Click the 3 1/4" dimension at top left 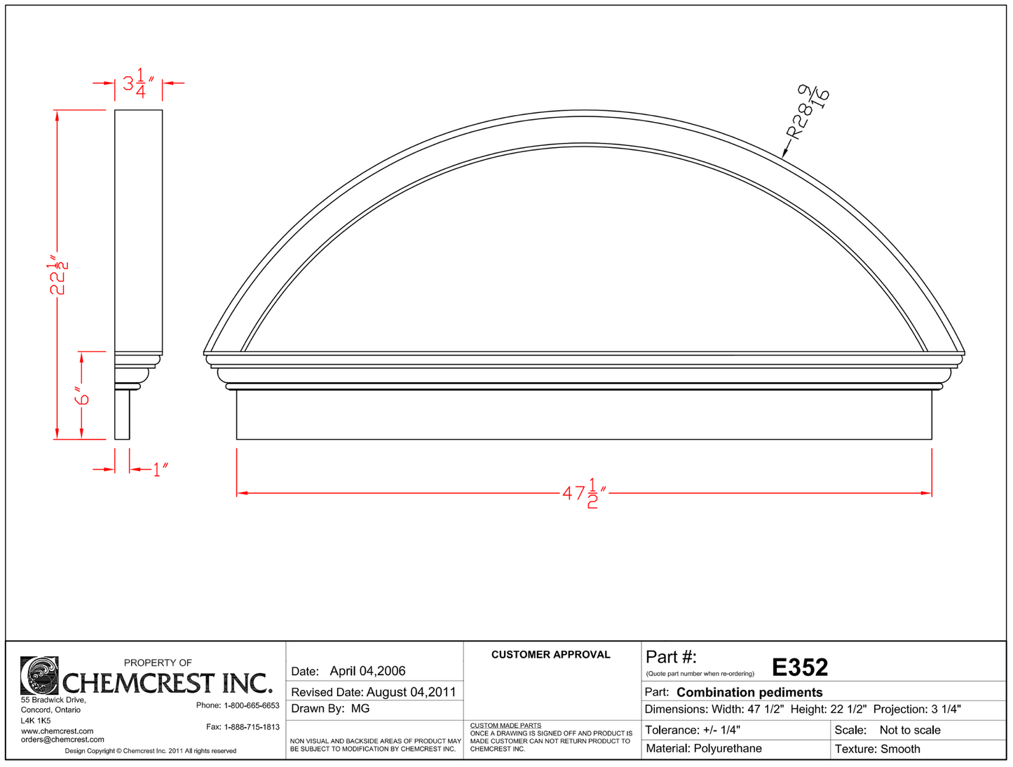(139, 83)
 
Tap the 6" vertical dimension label (83, 396)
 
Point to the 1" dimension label (161, 469)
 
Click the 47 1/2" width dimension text (584, 493)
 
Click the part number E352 (800, 667)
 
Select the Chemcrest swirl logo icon (39, 675)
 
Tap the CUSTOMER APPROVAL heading (550, 655)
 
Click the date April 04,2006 (367, 671)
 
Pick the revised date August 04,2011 (411, 692)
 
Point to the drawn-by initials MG (360, 709)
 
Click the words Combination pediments (749, 692)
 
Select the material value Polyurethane (728, 749)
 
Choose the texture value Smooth (900, 749)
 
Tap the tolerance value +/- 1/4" (721, 730)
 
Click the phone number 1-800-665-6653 (252, 705)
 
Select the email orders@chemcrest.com (62, 740)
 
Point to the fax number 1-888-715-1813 (252, 727)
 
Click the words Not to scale (910, 730)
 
